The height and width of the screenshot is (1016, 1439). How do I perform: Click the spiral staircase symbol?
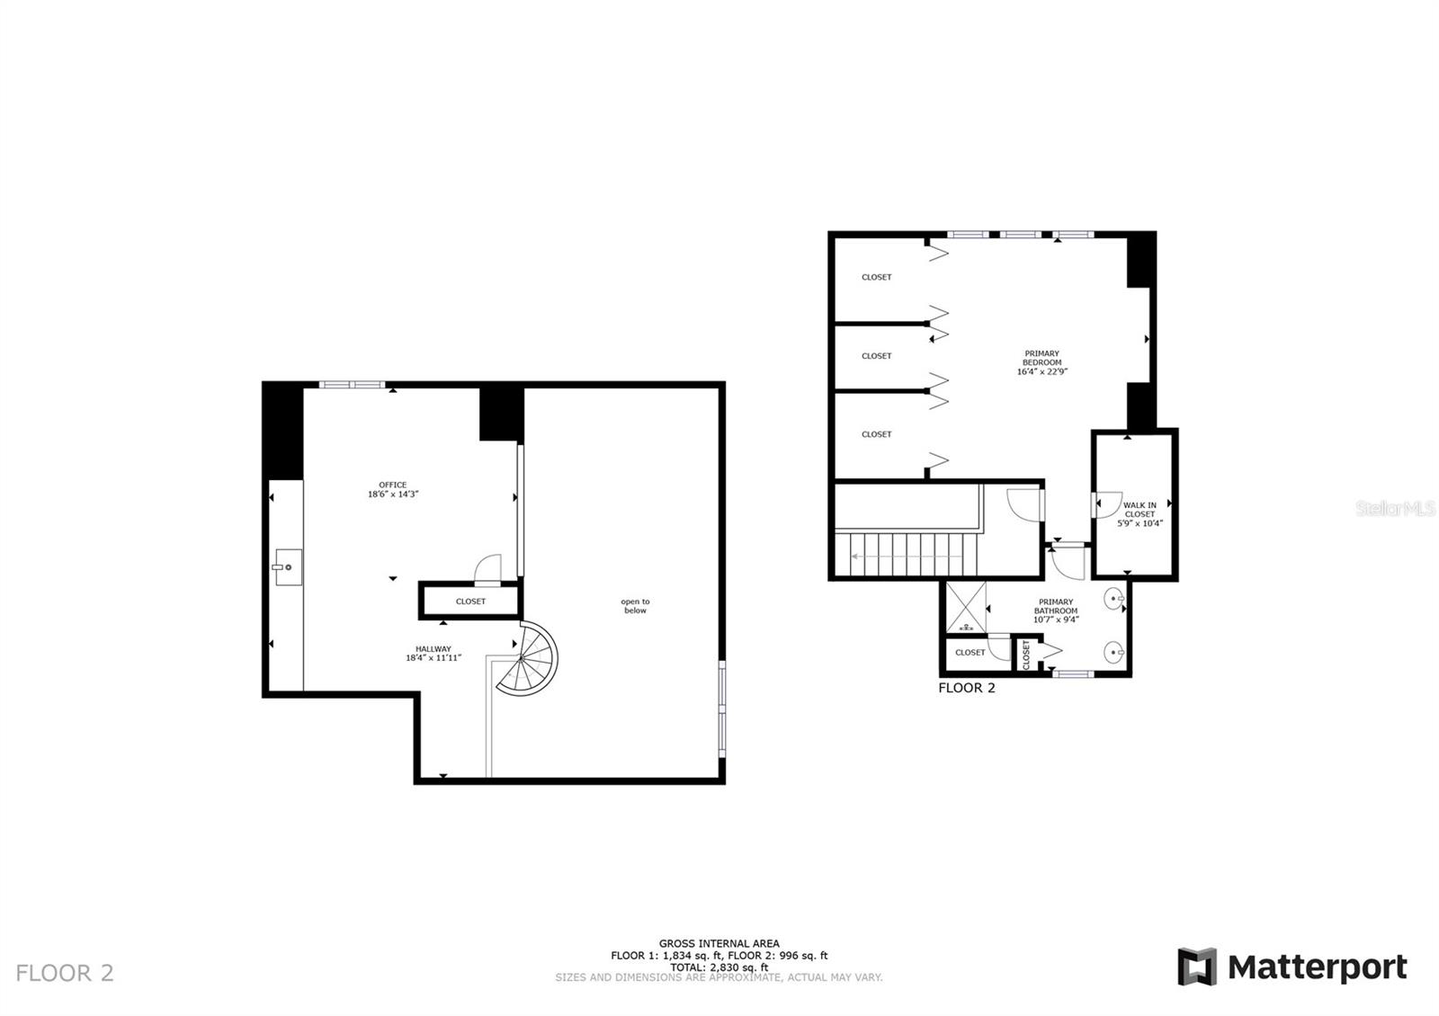tap(530, 658)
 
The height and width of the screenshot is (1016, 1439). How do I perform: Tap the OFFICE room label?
tap(393, 486)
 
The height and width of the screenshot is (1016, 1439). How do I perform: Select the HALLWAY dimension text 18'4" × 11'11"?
tap(433, 658)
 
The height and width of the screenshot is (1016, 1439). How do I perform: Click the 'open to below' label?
tap(635, 606)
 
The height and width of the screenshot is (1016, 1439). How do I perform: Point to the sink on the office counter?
tap(288, 567)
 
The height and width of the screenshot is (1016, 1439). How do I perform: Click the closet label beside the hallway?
tap(470, 602)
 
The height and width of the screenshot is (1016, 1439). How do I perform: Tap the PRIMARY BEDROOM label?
tap(1041, 358)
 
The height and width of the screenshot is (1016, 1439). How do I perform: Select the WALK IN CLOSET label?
tap(1140, 510)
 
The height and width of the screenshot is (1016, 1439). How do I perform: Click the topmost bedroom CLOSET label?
tap(876, 277)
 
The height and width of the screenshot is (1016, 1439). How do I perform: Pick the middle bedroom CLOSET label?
tap(876, 356)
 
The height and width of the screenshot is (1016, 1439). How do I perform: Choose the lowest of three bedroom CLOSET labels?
tap(876, 434)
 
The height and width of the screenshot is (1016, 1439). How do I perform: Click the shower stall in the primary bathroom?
tap(966, 608)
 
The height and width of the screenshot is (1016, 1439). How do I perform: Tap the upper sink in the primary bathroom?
tap(1114, 598)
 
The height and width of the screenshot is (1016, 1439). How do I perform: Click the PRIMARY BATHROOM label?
tap(1056, 606)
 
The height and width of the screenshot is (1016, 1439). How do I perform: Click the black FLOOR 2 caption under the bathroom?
tap(966, 689)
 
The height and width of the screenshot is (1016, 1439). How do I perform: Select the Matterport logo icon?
tap(1197, 967)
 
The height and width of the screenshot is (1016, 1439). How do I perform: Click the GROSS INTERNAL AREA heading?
tap(719, 944)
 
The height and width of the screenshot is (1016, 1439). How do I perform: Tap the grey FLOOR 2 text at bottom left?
tap(65, 973)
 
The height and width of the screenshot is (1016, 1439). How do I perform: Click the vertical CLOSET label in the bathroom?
tap(1026, 654)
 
